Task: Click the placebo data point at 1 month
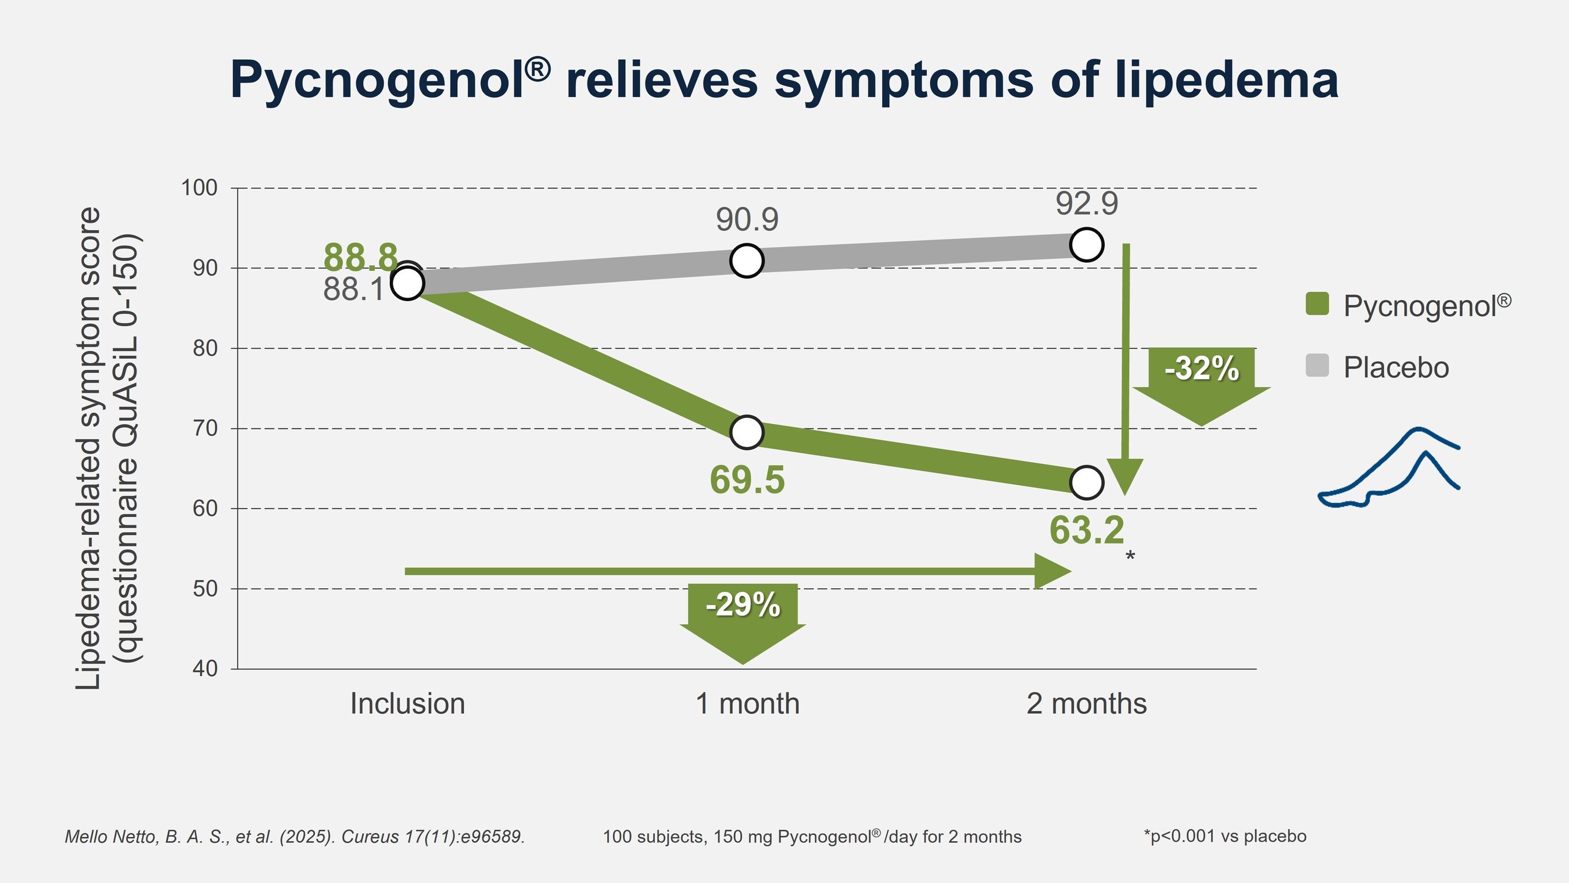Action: tap(747, 261)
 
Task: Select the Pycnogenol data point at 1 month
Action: tap(747, 432)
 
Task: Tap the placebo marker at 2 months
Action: tap(1087, 244)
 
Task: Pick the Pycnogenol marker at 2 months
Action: tap(1087, 482)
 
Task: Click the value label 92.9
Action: tap(1087, 203)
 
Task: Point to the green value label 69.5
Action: tap(747, 480)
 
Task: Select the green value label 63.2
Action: tap(1087, 530)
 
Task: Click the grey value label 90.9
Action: tap(747, 219)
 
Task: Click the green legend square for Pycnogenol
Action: tap(1317, 303)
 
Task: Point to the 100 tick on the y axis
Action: tap(200, 188)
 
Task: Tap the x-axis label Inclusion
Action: tap(407, 704)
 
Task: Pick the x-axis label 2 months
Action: tap(1087, 704)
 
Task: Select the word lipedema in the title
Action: tap(1227, 80)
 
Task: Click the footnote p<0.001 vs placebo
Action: tap(1225, 836)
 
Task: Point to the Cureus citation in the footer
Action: tap(295, 836)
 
